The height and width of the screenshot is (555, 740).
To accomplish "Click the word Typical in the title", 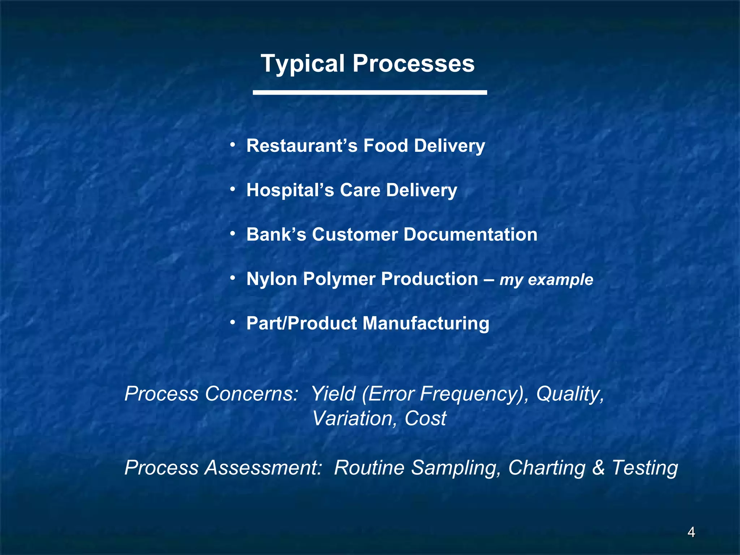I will [303, 64].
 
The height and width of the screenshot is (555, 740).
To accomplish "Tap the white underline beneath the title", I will [370, 92].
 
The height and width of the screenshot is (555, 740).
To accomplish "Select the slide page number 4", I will [691, 532].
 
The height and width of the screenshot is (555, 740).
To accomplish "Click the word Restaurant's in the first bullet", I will [302, 146].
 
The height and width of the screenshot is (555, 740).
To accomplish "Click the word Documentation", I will [470, 235].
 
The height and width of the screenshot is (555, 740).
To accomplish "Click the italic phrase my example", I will [546, 280].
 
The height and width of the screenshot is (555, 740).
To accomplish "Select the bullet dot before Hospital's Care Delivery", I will [233, 189].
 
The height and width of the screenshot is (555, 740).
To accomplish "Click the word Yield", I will [333, 393].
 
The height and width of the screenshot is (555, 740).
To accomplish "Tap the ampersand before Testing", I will [599, 468].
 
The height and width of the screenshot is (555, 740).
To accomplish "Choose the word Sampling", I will [456, 468].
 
